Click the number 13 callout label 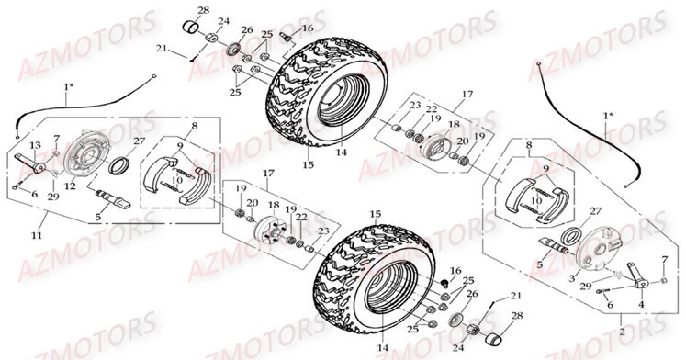pos(36,146)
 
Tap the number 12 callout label pos(70,186)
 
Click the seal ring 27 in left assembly pos(118,166)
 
